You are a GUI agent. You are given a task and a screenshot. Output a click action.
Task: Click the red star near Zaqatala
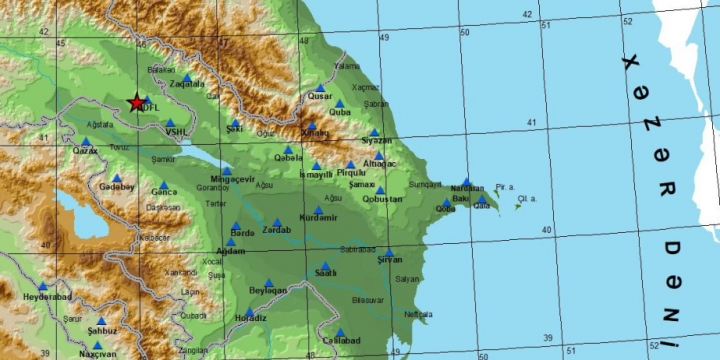click(136, 103)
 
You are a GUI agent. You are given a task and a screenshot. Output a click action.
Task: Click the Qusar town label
click(319, 96)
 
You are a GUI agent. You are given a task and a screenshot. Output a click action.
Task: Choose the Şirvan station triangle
click(389, 252)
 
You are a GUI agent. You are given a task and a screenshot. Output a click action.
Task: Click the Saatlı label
click(325, 273)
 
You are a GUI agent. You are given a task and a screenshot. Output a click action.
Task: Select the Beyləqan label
click(268, 290)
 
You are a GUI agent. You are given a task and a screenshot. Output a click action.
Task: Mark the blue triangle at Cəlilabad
click(340, 332)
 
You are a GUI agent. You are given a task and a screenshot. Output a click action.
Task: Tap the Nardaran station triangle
click(466, 181)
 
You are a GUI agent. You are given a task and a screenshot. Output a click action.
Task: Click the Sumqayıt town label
click(425, 184)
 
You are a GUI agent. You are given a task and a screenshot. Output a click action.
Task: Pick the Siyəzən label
click(376, 141)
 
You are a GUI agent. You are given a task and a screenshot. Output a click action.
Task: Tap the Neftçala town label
click(418, 314)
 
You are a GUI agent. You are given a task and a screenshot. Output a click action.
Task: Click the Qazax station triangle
click(86, 141)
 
